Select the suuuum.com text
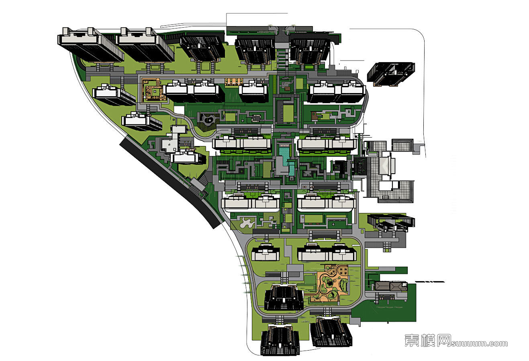[x=480, y=343]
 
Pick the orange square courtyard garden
[x=153, y=90]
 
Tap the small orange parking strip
[x=234, y=81]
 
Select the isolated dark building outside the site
[x=390, y=74]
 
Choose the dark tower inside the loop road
[x=284, y=298]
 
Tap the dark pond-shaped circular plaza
[x=207, y=120]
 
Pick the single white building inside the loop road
[x=265, y=253]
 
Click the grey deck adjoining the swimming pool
[x=279, y=164]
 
